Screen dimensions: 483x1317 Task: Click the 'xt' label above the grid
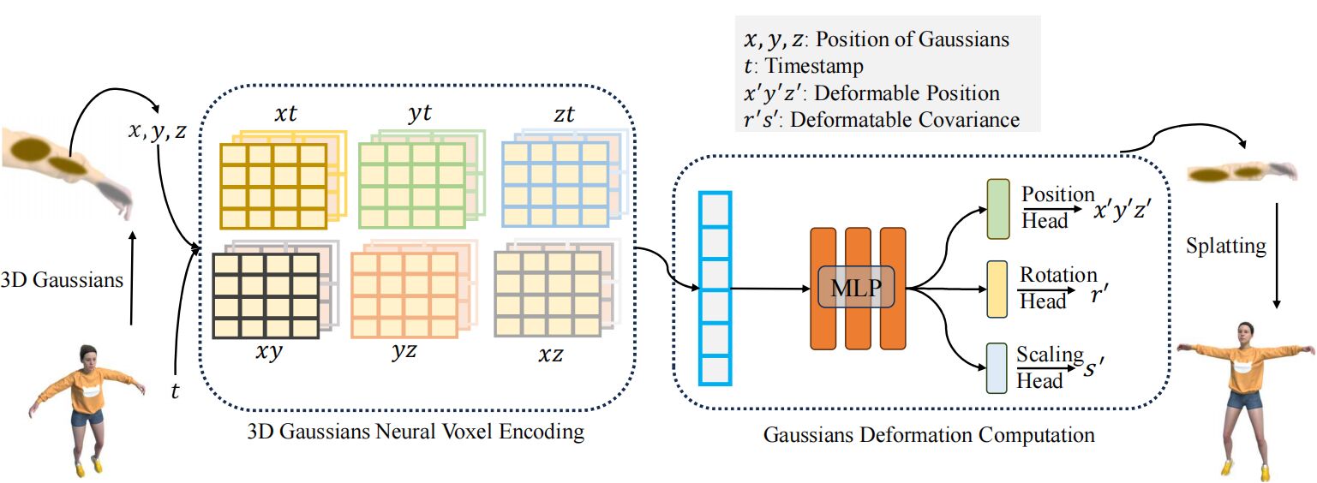click(x=285, y=114)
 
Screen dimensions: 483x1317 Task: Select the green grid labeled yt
click(x=411, y=182)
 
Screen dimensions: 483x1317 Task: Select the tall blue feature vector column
click(x=715, y=289)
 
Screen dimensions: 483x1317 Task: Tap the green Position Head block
click(x=997, y=209)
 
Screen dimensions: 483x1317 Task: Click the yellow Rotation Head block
click(x=997, y=288)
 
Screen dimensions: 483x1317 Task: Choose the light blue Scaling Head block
click(x=997, y=367)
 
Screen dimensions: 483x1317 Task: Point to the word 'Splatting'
click(x=1225, y=247)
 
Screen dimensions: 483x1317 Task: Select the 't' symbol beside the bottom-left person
click(x=176, y=393)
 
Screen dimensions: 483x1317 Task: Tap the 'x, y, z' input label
click(x=157, y=133)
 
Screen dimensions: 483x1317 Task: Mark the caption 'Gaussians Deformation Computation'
click(x=929, y=436)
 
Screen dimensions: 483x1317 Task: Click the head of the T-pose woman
click(x=1243, y=330)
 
